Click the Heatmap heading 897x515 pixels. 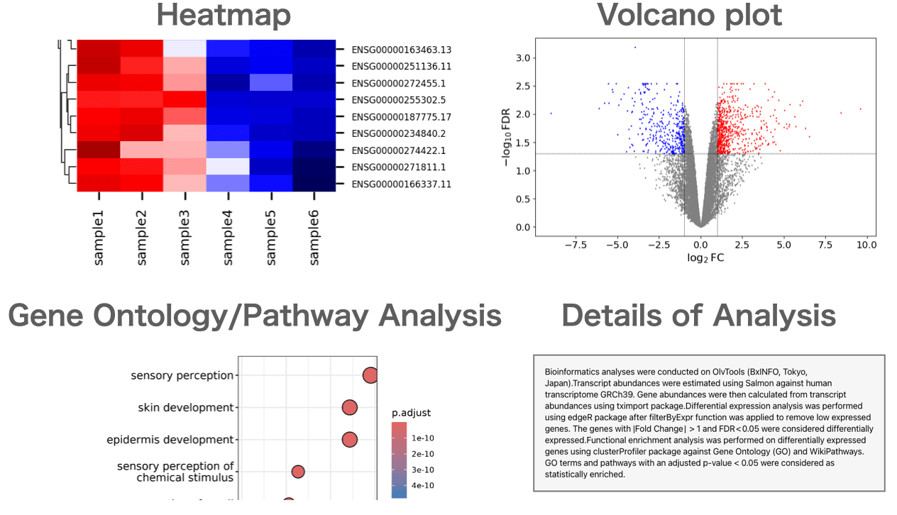click(x=224, y=16)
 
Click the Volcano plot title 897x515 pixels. click(x=689, y=16)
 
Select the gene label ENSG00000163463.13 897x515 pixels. click(x=402, y=50)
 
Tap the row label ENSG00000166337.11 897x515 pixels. click(x=402, y=184)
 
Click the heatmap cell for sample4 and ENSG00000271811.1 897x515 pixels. click(x=227, y=167)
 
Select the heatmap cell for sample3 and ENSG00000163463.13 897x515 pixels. click(x=185, y=48)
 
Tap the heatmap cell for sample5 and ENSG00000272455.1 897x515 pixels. click(x=271, y=82)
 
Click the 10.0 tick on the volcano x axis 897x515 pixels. click(x=866, y=245)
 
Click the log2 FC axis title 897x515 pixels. click(x=705, y=258)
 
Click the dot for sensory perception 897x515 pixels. click(x=370, y=375)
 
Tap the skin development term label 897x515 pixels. click(x=186, y=408)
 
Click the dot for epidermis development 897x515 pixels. click(x=349, y=440)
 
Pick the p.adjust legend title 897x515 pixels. click(x=411, y=413)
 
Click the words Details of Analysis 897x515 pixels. click(x=698, y=316)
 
